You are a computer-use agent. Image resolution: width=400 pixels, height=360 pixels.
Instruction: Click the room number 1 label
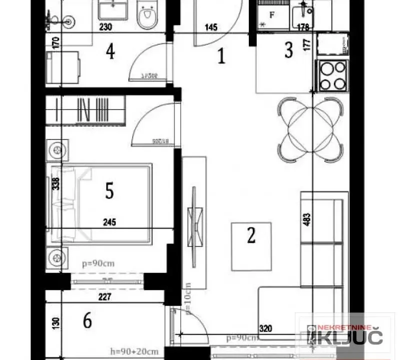coord(221,56)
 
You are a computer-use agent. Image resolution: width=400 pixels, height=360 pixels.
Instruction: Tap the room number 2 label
coord(251,234)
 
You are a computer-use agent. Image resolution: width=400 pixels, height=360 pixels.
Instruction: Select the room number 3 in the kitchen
coord(288,50)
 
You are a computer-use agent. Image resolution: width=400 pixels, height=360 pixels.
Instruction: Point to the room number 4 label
coord(110,51)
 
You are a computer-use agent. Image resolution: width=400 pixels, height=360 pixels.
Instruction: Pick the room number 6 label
coord(87,321)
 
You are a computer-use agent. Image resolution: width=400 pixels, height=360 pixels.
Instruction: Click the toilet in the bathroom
coord(147,18)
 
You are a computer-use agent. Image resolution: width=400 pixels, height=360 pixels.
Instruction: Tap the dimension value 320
coord(266,329)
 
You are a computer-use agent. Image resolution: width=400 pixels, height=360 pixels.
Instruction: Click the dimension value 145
coord(211,27)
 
